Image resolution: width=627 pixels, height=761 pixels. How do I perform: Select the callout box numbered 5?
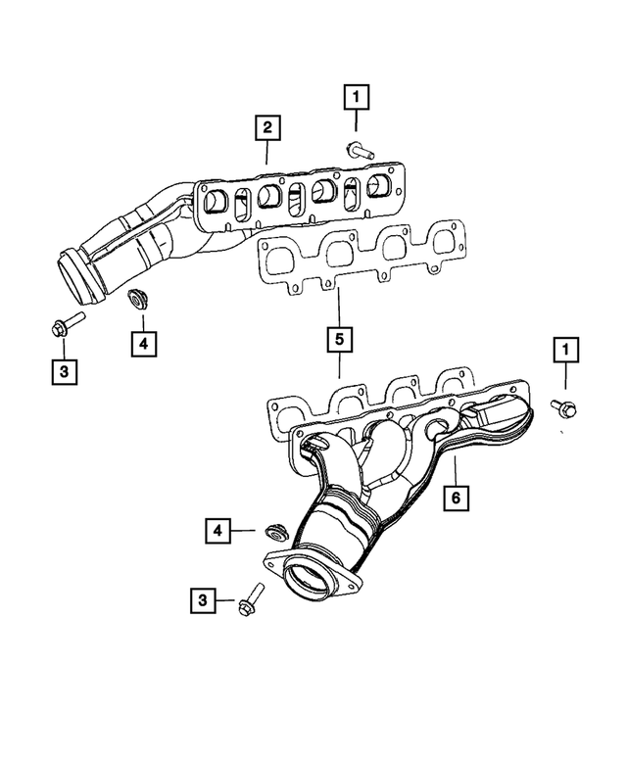tap(338, 340)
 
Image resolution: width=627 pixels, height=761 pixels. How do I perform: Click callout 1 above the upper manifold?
tap(355, 97)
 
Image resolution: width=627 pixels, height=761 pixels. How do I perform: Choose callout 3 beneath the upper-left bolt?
tap(63, 371)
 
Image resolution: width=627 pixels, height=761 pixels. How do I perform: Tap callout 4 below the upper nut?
tap(142, 344)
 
